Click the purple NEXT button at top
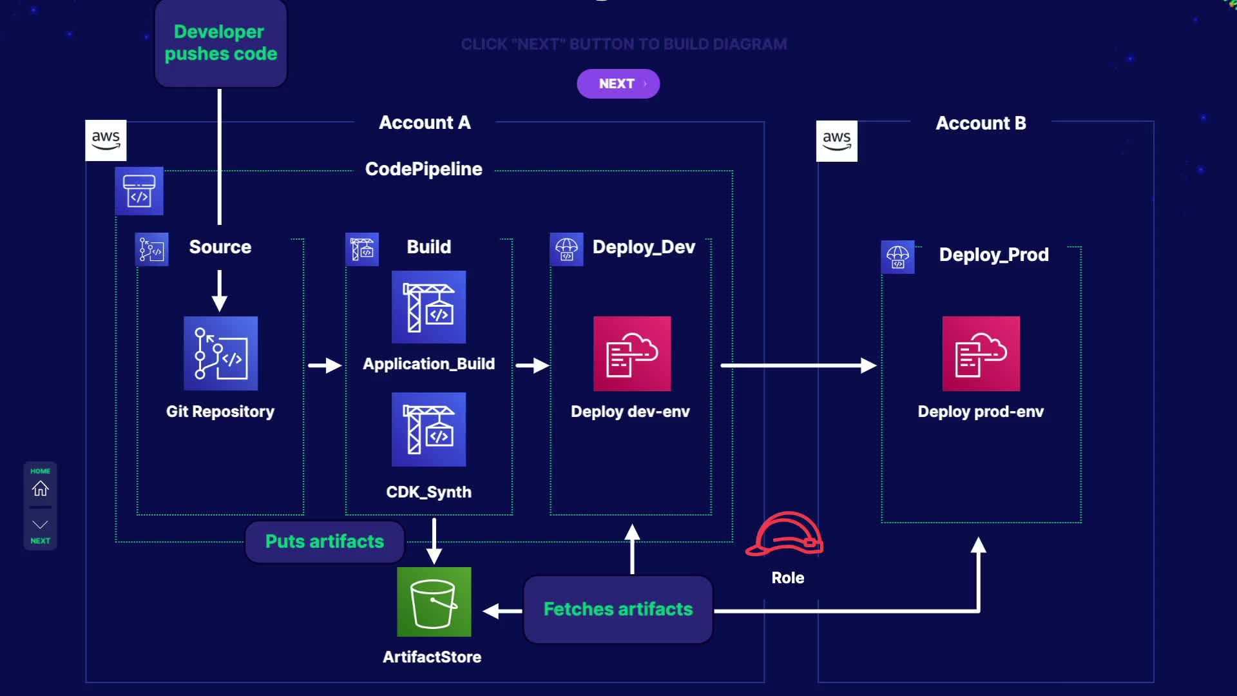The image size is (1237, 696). [618, 84]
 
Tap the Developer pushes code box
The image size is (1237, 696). [221, 43]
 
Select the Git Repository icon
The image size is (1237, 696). [220, 353]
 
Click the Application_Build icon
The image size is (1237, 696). [428, 307]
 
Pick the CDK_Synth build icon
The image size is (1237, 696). [428, 429]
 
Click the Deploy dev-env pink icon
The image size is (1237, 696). [631, 353]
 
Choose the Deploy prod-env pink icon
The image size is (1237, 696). [981, 353]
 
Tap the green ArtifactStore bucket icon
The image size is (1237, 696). [434, 602]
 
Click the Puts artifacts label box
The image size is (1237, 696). [325, 541]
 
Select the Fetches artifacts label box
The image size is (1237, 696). [618, 609]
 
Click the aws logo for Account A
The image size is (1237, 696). [106, 140]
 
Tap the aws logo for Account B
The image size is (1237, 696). [836, 140]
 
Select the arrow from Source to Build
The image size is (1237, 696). [325, 365]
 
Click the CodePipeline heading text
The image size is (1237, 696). [423, 169]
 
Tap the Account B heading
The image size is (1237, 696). [981, 123]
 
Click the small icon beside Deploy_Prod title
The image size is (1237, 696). [897, 256]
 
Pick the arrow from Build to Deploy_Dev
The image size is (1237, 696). [532, 365]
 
